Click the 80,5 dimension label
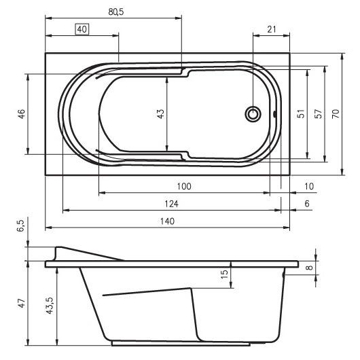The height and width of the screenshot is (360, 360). pos(116,12)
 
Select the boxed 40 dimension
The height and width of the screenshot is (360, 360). pos(82,29)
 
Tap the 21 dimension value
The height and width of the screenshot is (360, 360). pos(272,29)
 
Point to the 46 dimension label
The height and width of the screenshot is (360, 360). pos(22,114)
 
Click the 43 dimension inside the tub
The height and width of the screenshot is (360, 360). pos(161,114)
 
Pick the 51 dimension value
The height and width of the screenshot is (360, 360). pos(301,114)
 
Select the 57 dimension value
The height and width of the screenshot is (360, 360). pos(319,114)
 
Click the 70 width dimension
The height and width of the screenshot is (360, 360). pos(336,114)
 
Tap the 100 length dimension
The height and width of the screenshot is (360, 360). pos(184,186)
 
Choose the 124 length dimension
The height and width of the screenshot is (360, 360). pos(171,204)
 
